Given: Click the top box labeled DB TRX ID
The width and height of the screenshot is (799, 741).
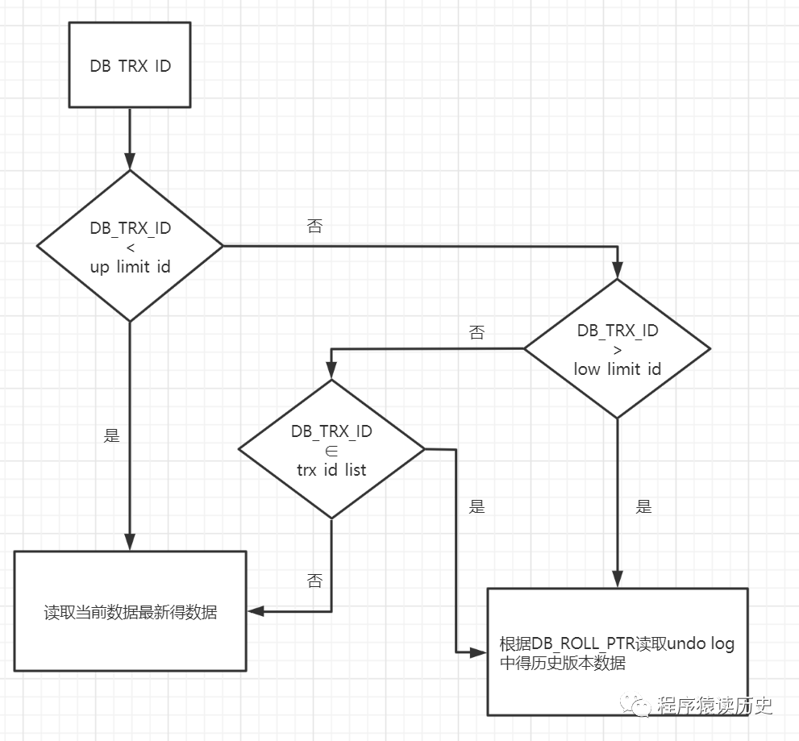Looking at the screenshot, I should (x=130, y=65).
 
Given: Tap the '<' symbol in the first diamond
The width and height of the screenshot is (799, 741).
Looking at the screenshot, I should (x=131, y=248).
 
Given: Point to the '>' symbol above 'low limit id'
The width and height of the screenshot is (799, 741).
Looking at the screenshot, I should (x=618, y=350).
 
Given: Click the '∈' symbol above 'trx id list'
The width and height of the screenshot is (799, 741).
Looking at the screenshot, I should (x=331, y=450).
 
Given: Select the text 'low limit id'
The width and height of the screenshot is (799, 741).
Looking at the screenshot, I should (x=618, y=369).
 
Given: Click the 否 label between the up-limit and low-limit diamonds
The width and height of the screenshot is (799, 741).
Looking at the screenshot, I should (x=314, y=227).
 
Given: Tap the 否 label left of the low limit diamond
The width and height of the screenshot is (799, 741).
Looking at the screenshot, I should (x=476, y=332).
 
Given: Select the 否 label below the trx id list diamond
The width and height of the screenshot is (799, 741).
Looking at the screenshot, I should (x=314, y=580).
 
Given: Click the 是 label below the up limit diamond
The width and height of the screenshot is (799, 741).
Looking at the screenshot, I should (x=112, y=435).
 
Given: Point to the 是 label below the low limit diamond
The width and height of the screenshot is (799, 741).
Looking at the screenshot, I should (x=643, y=507).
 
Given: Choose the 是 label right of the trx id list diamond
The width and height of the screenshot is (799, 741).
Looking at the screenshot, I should (x=477, y=507).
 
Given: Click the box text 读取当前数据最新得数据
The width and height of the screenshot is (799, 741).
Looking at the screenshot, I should (x=130, y=612).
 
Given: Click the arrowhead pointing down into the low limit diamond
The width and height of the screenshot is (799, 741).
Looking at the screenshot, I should (x=618, y=271).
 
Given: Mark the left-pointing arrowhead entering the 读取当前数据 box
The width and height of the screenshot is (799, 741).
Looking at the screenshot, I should (x=255, y=612).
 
